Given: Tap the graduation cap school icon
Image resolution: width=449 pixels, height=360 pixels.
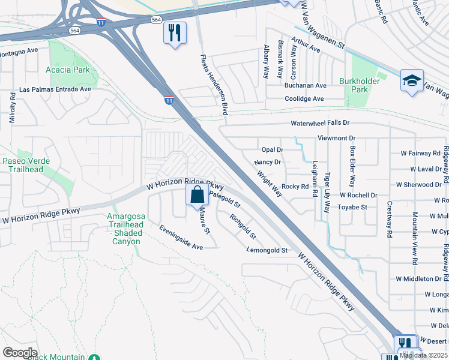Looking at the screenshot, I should tap(412, 81).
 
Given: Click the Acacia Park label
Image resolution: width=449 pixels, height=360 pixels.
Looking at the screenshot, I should tap(68, 70).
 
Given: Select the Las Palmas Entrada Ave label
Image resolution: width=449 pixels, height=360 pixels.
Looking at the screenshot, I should tap(55, 89).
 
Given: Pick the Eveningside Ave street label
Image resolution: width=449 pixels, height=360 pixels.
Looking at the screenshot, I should tap(181, 238).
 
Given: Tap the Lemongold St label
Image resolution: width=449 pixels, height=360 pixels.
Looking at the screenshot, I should tap(267, 250).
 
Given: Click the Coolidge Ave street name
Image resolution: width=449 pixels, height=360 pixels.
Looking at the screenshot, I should tap(304, 99).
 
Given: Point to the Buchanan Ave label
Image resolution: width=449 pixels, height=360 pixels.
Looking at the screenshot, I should tap(305, 86).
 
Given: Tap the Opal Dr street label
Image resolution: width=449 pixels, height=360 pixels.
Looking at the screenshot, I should tap(272, 149).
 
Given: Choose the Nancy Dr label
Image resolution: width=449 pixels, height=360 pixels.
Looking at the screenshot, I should tap(268, 162).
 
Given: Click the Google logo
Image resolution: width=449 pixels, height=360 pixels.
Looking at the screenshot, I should tap(20, 352).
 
